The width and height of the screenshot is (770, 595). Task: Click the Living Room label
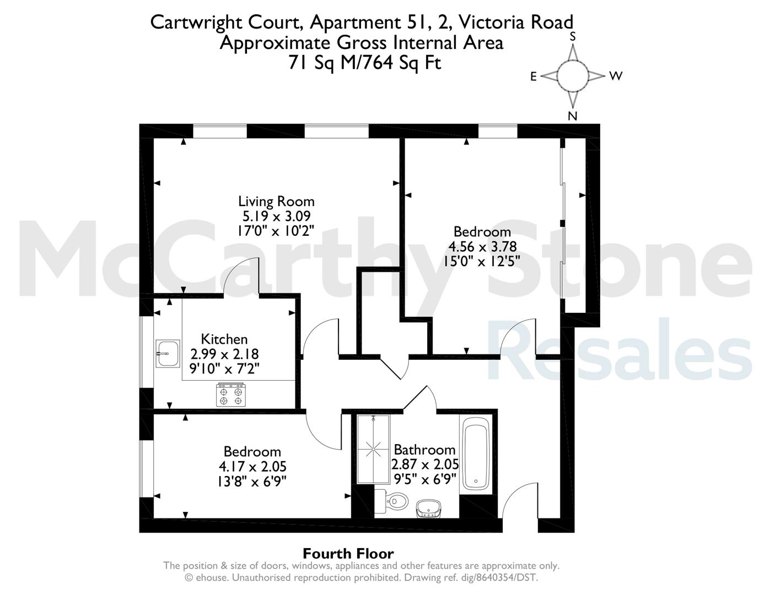(276, 202)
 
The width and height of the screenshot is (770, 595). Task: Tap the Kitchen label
(224, 339)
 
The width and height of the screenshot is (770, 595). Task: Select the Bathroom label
(424, 450)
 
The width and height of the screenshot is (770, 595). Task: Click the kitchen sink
(168, 353)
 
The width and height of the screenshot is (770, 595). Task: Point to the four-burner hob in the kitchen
(231, 394)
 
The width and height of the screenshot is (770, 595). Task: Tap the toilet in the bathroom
(391, 501)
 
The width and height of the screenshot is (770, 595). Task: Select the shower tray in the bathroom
(373, 450)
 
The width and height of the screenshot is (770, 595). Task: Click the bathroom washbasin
(429, 509)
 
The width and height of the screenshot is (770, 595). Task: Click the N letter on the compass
(572, 116)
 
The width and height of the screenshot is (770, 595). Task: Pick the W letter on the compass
(616, 76)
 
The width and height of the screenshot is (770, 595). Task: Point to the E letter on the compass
(534, 77)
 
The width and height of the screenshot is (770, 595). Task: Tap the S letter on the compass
(572, 37)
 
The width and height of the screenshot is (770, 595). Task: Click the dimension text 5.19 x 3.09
(276, 216)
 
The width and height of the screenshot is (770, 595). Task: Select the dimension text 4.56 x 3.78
(482, 246)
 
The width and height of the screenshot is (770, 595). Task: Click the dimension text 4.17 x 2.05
(252, 467)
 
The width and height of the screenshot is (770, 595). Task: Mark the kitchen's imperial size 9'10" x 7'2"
(224, 369)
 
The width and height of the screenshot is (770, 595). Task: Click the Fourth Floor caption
(348, 553)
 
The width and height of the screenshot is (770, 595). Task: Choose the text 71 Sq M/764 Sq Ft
(365, 63)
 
